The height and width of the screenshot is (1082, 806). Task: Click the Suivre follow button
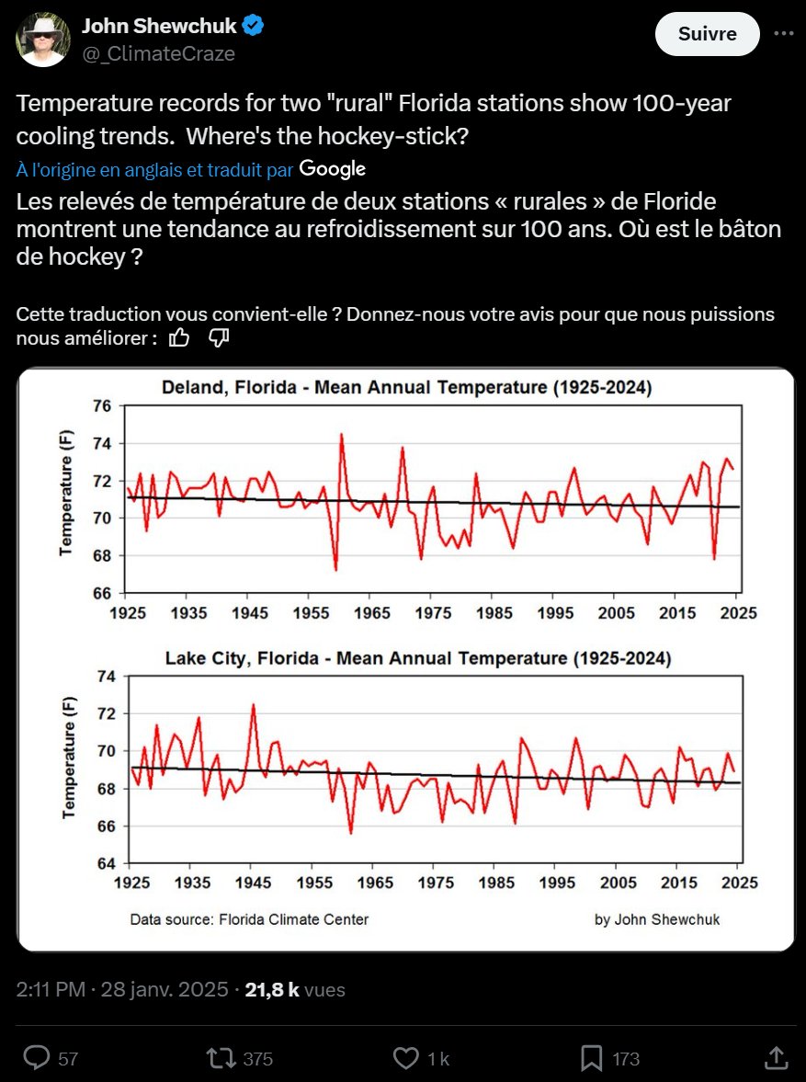click(x=707, y=34)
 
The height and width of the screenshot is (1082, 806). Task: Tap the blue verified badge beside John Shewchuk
click(x=254, y=26)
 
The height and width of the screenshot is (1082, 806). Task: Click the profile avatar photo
click(x=42, y=40)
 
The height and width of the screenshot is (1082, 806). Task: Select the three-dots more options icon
click(x=784, y=33)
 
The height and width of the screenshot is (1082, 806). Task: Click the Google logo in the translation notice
click(x=332, y=168)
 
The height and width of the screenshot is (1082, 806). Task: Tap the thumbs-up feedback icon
click(x=180, y=338)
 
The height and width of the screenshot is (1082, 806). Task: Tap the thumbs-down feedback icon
click(x=219, y=338)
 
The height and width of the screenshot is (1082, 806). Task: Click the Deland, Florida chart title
click(x=406, y=388)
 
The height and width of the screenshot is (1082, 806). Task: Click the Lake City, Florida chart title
click(x=417, y=658)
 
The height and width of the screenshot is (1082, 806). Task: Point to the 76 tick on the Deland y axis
click(x=102, y=406)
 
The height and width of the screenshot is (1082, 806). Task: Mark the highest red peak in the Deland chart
click(x=341, y=435)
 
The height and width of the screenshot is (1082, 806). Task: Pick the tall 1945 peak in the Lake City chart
click(x=253, y=706)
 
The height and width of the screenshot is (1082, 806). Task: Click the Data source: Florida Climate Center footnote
click(x=249, y=919)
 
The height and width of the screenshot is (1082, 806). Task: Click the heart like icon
click(x=405, y=1058)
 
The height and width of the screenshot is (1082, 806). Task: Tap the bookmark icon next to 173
click(x=591, y=1058)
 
